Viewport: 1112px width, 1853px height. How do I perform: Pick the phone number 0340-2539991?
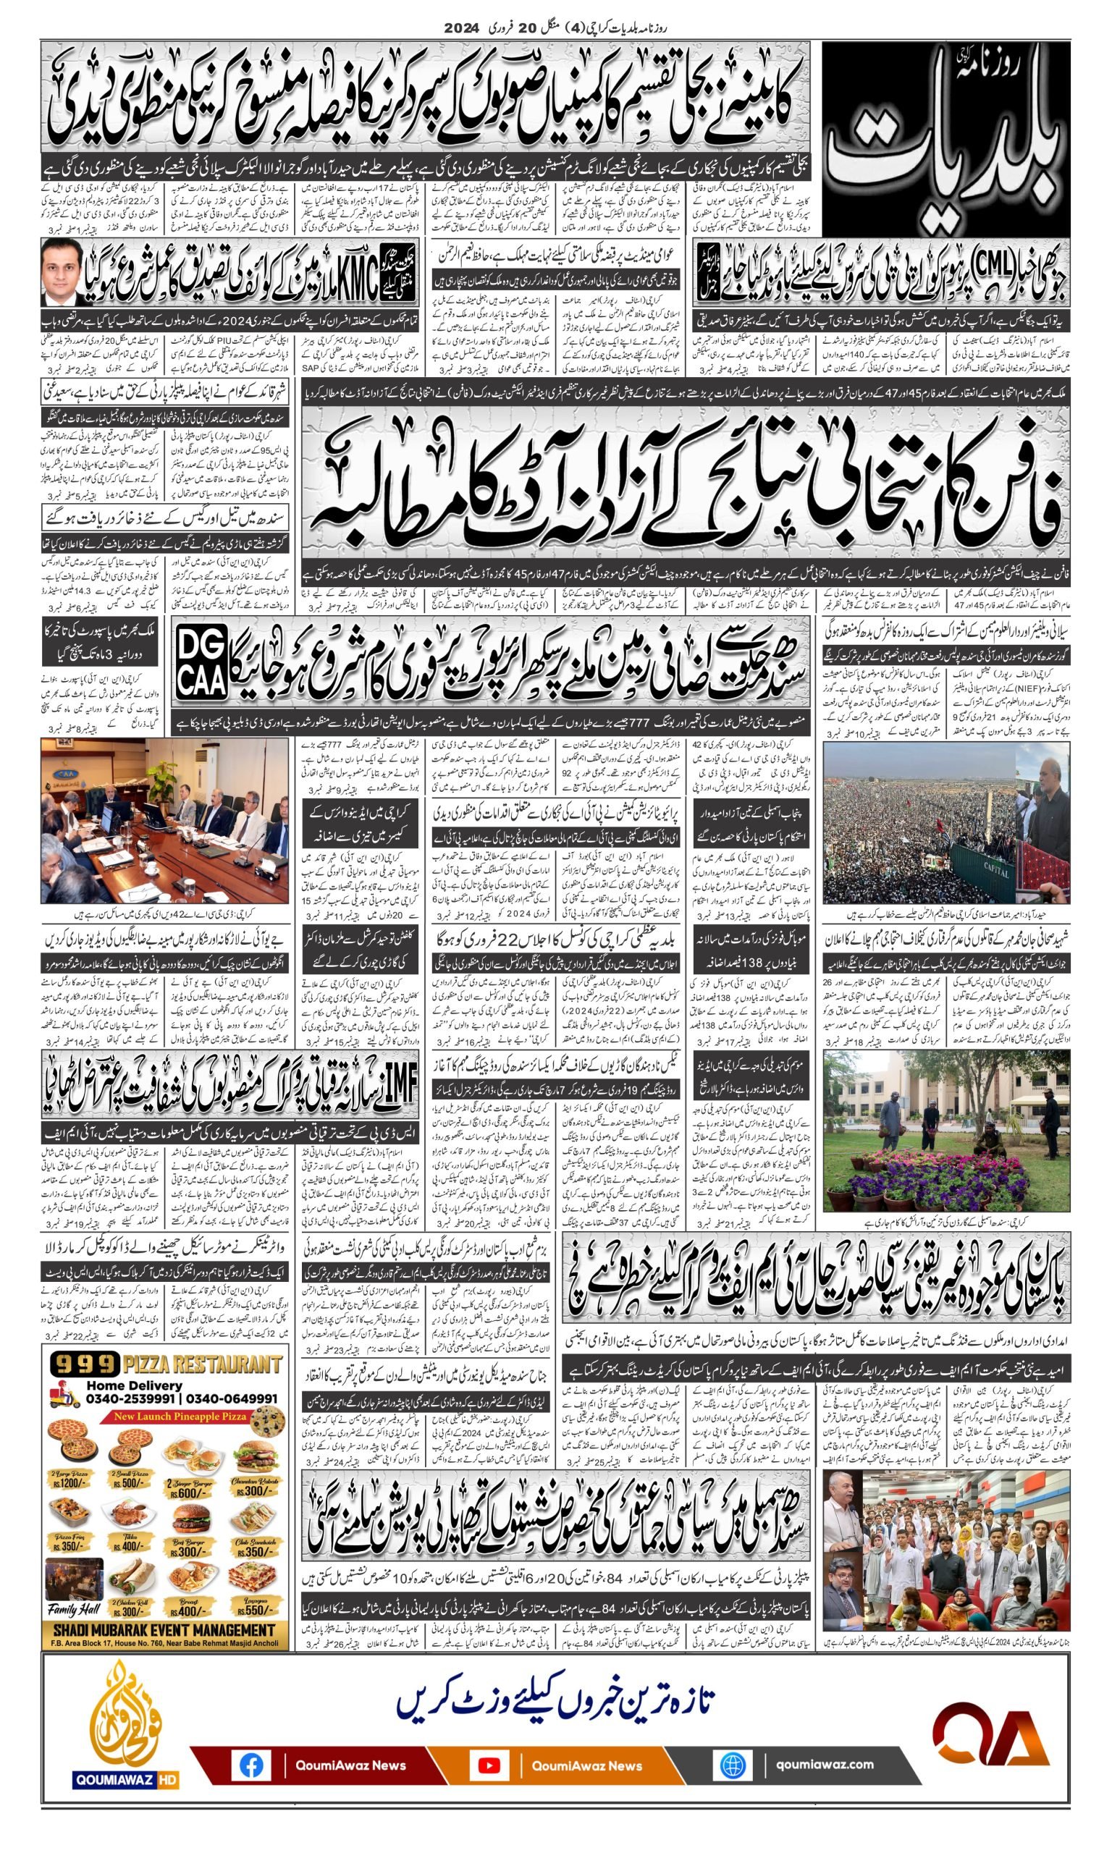coord(130,1399)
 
